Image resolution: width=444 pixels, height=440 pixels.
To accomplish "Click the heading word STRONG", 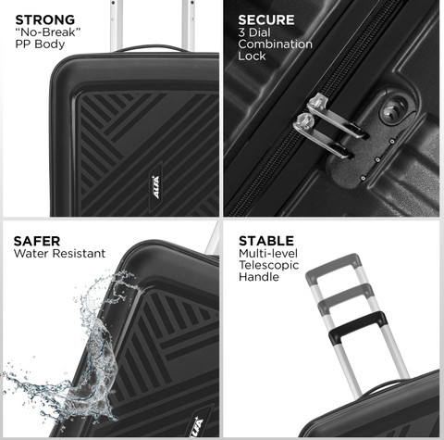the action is pyautogui.click(x=45, y=20).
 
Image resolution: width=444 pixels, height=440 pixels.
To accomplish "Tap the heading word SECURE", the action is pyautogui.click(x=266, y=20).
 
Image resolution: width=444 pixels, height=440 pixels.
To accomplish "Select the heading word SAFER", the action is pyautogui.click(x=37, y=241).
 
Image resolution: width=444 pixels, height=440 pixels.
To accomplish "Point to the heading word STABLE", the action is pyautogui.click(x=266, y=241).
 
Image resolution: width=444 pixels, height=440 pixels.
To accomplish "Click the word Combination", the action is pyautogui.click(x=276, y=44).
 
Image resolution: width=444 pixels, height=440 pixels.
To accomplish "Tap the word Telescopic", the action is pyautogui.click(x=269, y=265).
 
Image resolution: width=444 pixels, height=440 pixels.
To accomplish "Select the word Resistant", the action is pyautogui.click(x=79, y=254).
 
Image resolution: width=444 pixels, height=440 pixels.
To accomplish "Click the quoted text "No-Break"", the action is pyautogui.click(x=48, y=32).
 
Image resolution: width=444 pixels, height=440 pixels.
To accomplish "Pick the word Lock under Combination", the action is pyautogui.click(x=252, y=56).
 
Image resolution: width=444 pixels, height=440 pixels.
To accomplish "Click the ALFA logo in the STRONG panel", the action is pyautogui.click(x=156, y=187).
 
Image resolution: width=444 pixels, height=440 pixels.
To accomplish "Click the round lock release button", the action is pyautogui.click(x=394, y=110).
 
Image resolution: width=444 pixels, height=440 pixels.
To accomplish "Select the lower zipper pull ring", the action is pyautogui.click(x=303, y=122).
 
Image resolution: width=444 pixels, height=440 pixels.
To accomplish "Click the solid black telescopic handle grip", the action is pyautogui.click(x=358, y=327).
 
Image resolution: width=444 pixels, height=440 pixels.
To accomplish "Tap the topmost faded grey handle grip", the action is pyautogui.click(x=333, y=268).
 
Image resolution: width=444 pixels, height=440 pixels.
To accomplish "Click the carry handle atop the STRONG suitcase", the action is pyautogui.click(x=150, y=47).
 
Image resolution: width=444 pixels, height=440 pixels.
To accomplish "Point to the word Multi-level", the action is pyautogui.click(x=268, y=254).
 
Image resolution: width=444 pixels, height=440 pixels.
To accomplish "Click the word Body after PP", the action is pyautogui.click(x=50, y=44).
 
